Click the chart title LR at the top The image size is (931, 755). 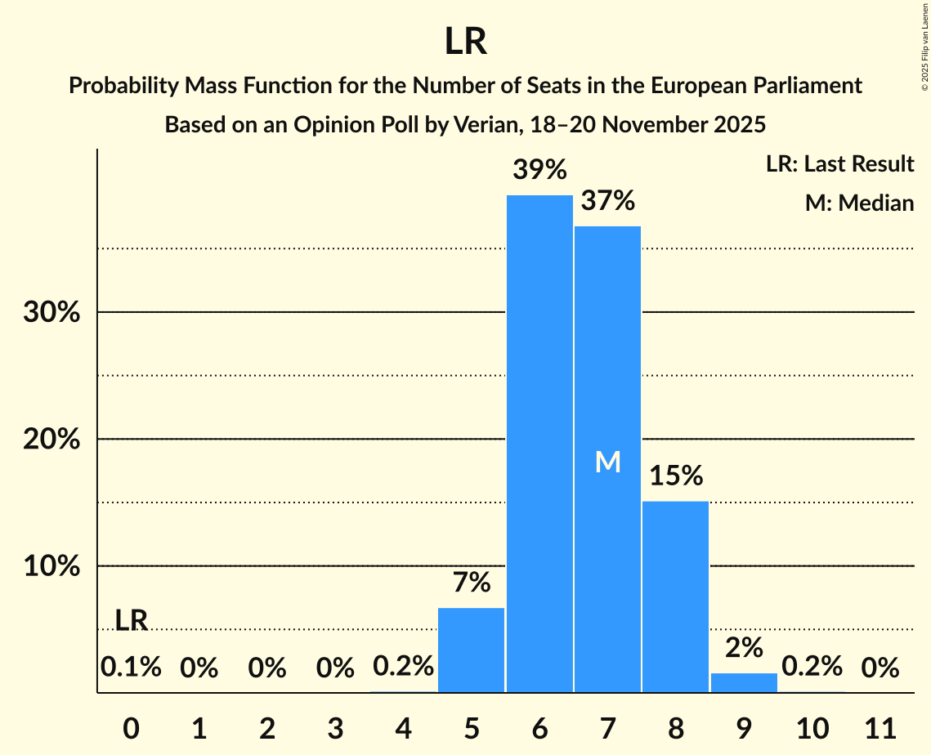pyautogui.click(x=465, y=42)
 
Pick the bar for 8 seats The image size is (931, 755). pyautogui.click(x=675, y=596)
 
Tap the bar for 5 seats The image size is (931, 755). pyautogui.click(x=472, y=650)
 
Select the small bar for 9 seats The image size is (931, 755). pyautogui.click(x=744, y=682)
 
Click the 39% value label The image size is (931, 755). pyautogui.click(x=539, y=170)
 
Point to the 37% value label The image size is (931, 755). pyautogui.click(x=607, y=200)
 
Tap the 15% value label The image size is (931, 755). pyautogui.click(x=675, y=476)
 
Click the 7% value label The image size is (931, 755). pyautogui.click(x=472, y=583)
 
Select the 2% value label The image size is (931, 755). pyautogui.click(x=744, y=648)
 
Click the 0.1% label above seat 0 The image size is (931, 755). pyautogui.click(x=131, y=668)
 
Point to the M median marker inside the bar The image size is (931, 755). pyautogui.click(x=607, y=462)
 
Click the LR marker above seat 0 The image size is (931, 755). pyautogui.click(x=131, y=621)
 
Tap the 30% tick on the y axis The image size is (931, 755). pyautogui.click(x=51, y=312)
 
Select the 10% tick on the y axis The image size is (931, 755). pyautogui.click(x=51, y=566)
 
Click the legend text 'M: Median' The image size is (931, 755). pyautogui.click(x=859, y=203)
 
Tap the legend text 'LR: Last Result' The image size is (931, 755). pyautogui.click(x=839, y=164)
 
